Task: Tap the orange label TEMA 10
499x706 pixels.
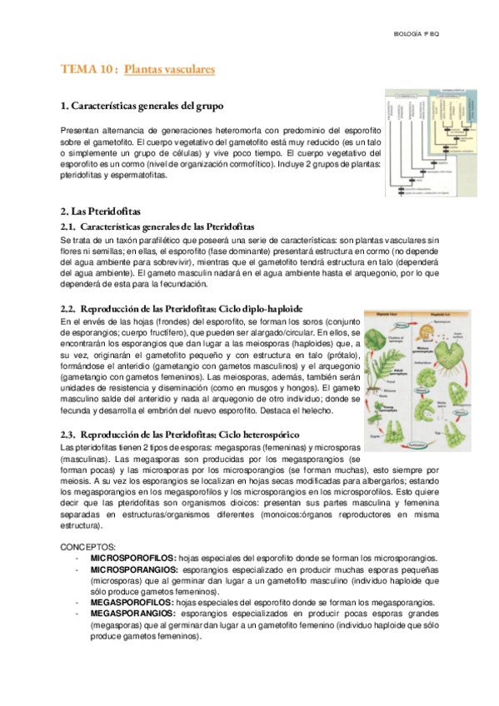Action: (x=87, y=69)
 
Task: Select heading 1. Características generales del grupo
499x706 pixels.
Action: (x=142, y=106)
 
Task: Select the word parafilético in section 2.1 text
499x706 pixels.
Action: (x=167, y=240)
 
